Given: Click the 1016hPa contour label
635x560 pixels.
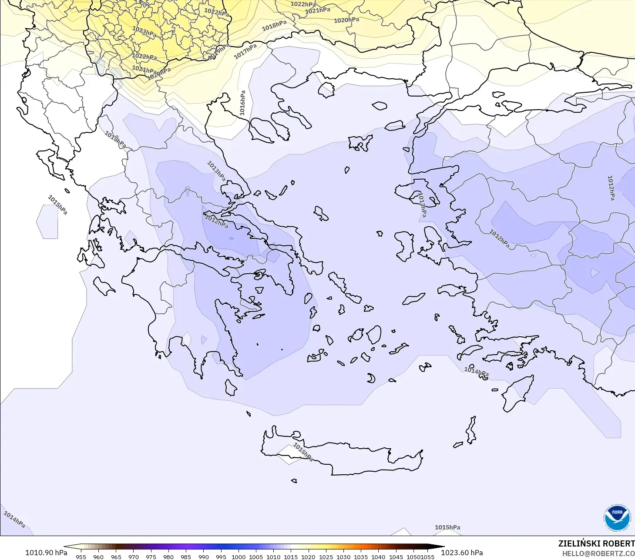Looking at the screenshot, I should click(x=242, y=103).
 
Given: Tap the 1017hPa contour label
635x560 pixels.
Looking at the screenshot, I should click(x=245, y=51).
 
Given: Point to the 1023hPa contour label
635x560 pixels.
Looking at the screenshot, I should click(x=144, y=31).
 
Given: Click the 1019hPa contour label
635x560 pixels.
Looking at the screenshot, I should click(x=219, y=51).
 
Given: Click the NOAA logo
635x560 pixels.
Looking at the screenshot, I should click(x=617, y=518).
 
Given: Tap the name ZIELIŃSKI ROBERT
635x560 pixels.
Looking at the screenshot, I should click(x=596, y=543).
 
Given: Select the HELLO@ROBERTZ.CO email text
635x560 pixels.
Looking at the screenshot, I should click(x=598, y=553).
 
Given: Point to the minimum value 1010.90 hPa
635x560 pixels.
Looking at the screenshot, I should click(x=46, y=553).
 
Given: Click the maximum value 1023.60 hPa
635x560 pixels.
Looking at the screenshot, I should click(x=462, y=553).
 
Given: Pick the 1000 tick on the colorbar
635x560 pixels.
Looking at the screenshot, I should click(x=239, y=557).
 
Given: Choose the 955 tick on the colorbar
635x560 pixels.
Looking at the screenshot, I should click(x=81, y=557).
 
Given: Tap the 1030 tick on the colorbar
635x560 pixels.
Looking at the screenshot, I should click(x=343, y=557).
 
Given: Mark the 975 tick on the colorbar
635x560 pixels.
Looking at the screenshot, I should click(x=151, y=557).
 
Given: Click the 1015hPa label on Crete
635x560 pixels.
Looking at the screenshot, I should click(x=302, y=452).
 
